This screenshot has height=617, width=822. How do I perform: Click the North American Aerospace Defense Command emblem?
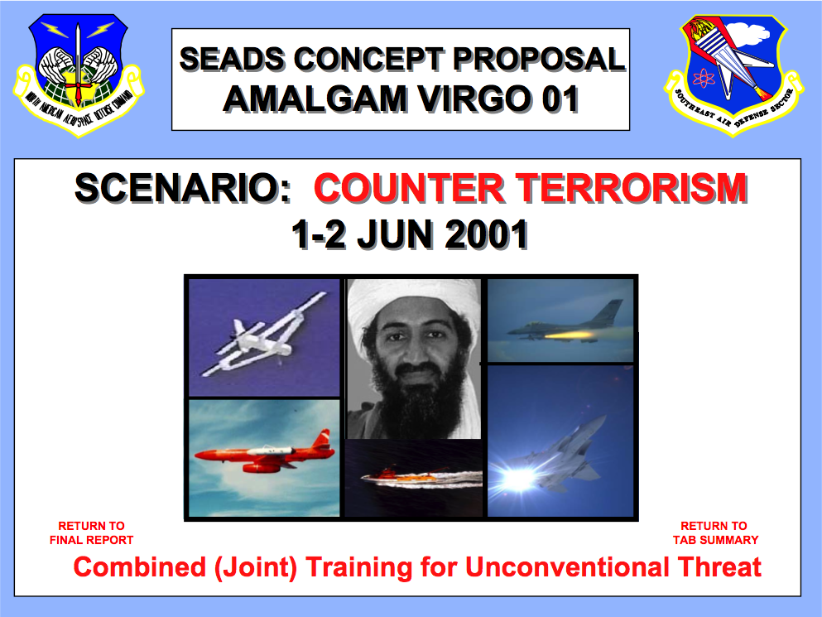pos(79,75)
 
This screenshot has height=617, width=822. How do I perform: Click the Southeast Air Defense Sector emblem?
pos(733,75)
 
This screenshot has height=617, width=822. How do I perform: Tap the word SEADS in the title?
pos(233,59)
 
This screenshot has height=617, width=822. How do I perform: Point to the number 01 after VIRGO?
pos(560,99)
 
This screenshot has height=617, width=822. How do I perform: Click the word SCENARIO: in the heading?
pos(183,188)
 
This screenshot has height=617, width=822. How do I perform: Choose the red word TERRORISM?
pos(632,188)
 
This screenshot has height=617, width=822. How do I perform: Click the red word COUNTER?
pos(408,188)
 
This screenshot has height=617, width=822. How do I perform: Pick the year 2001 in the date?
pos(486,234)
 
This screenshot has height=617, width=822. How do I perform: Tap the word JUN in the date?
pos(396,234)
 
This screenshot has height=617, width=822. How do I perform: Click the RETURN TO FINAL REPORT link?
pos(91,533)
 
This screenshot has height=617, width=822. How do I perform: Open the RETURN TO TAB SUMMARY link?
pos(715,533)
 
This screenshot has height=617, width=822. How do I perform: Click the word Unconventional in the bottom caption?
pos(567,567)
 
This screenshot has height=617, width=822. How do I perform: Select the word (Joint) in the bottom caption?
pos(255,567)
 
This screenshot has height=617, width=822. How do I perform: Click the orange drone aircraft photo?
pos(264,458)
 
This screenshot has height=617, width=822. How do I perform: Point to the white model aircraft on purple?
pos(264,337)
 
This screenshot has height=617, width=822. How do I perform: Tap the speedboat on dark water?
pos(414,479)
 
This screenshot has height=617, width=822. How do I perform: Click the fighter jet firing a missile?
pos(560,321)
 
